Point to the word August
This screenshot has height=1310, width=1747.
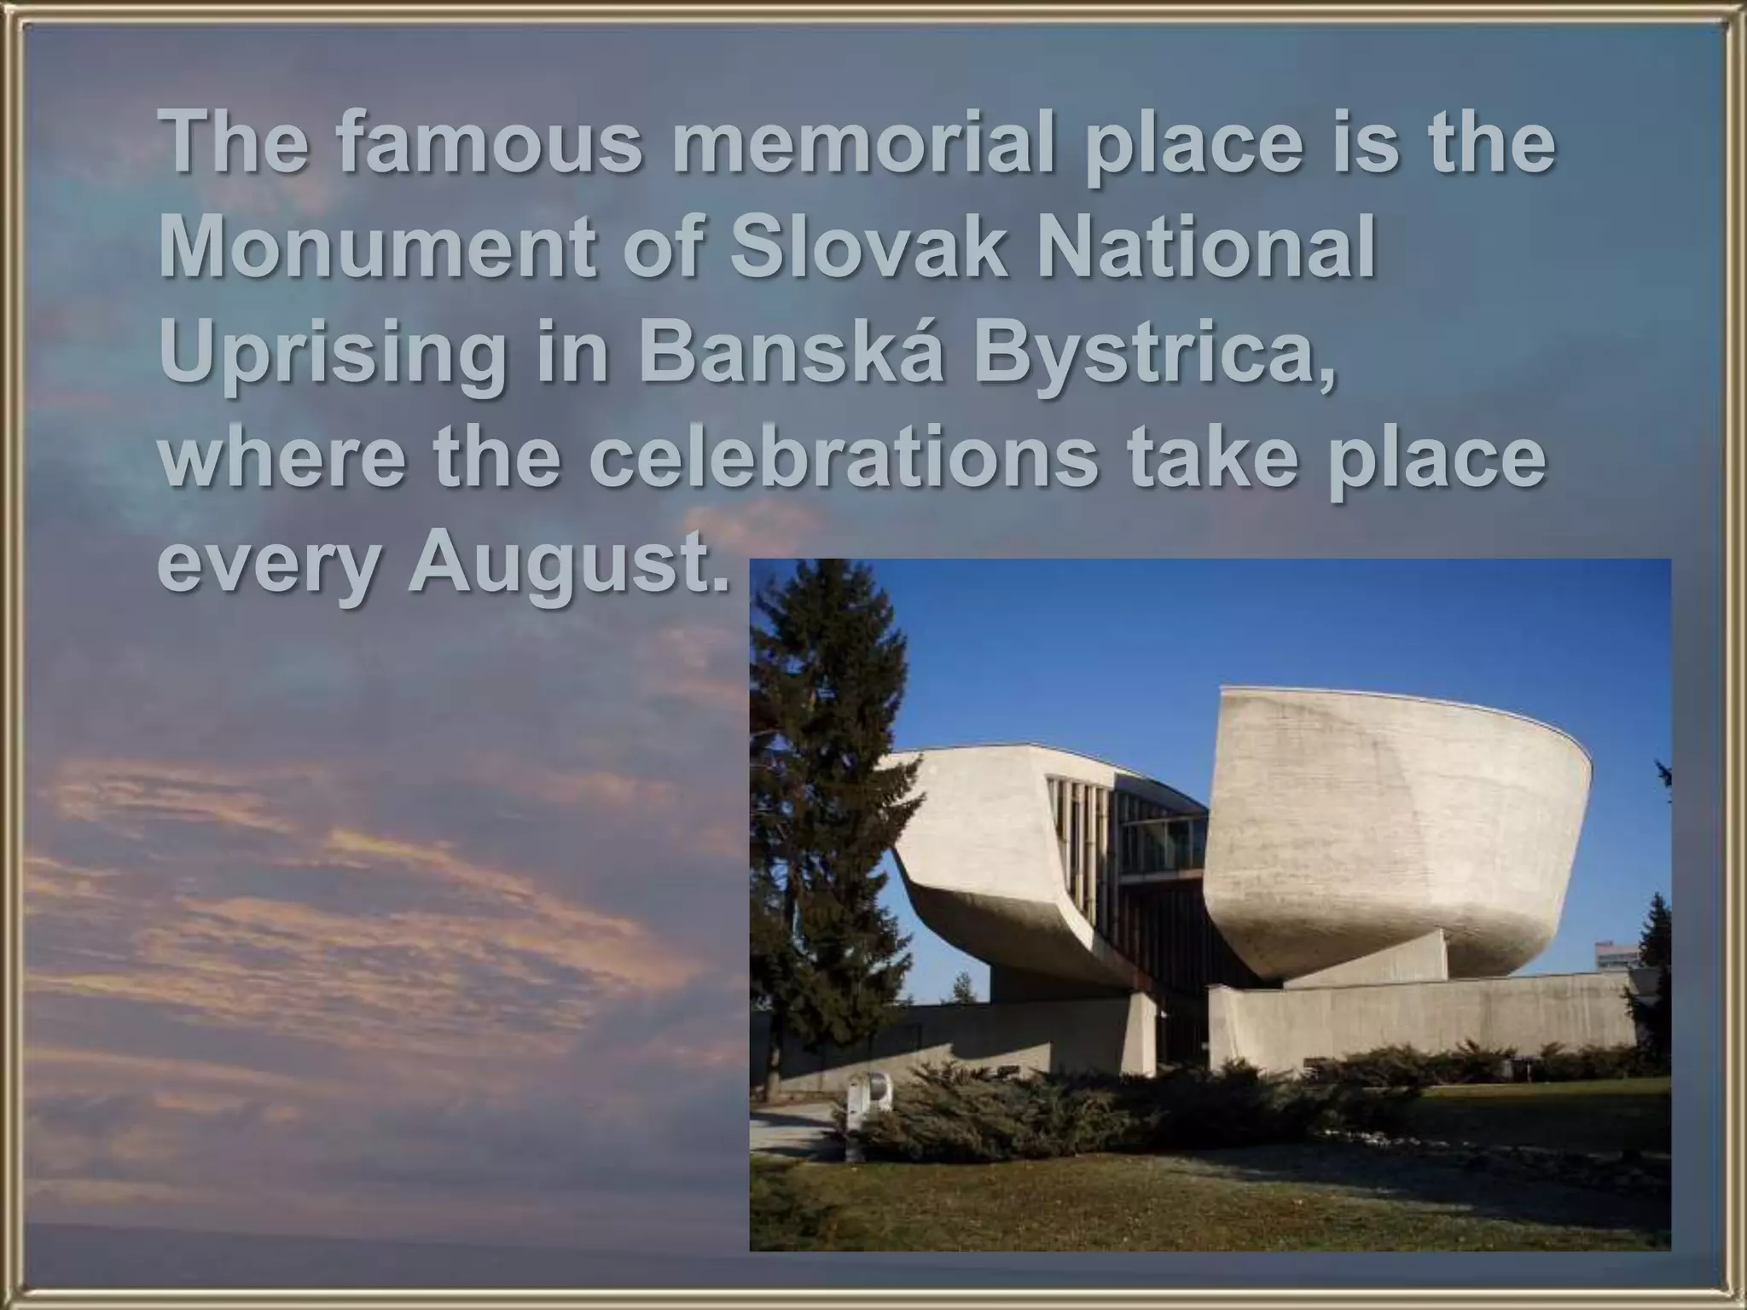pyautogui.click(x=569, y=568)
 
